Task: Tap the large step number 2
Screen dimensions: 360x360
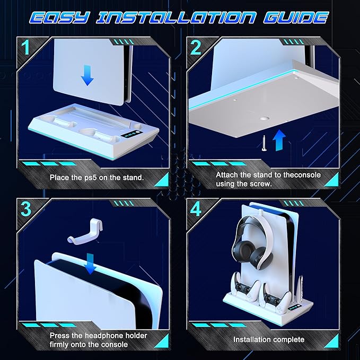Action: point(196,47)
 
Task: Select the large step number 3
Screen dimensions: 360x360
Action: point(25,209)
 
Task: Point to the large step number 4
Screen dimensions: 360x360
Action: point(196,209)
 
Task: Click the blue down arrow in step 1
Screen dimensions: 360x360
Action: point(87,75)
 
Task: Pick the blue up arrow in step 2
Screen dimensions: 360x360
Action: point(279,140)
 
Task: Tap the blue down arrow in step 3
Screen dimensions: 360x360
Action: point(90,264)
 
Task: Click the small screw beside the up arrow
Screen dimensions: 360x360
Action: point(264,143)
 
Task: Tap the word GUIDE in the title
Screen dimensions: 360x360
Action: point(296,17)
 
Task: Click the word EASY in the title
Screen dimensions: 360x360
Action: point(59,17)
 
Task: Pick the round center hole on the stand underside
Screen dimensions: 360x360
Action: point(264,119)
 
